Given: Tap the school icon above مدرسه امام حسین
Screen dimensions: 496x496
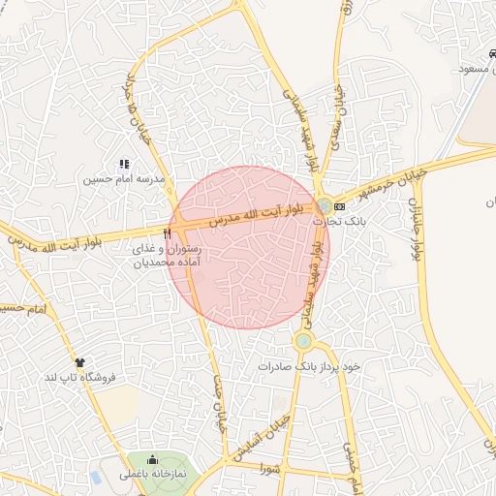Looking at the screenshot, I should pyautogui.click(x=123, y=166).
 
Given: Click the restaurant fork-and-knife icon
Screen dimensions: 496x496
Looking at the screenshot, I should pyautogui.click(x=169, y=233).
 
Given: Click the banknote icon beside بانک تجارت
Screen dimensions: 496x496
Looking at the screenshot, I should pyautogui.click(x=338, y=206).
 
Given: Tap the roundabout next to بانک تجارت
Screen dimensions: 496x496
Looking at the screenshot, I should pyautogui.click(x=322, y=205).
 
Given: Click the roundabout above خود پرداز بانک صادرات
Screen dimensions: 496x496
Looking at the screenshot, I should pyautogui.click(x=303, y=340).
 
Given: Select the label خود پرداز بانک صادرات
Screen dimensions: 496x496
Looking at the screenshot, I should pyautogui.click(x=309, y=367).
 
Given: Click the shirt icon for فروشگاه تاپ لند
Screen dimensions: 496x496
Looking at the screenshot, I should pyautogui.click(x=79, y=362).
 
